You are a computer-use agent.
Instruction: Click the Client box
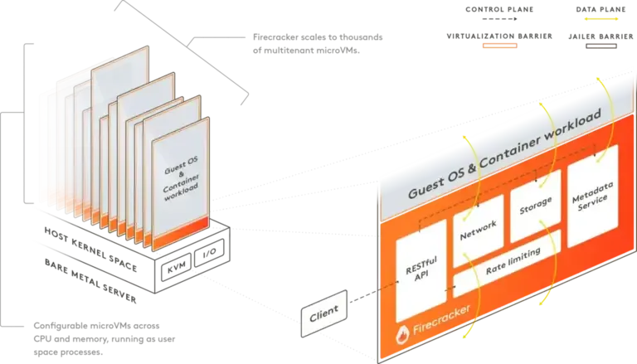click(x=324, y=316)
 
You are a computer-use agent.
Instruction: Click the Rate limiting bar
click(x=508, y=260)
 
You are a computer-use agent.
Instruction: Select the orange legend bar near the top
click(x=500, y=46)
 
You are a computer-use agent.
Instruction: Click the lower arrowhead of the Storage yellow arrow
click(x=547, y=303)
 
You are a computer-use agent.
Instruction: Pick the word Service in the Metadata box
click(x=594, y=206)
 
